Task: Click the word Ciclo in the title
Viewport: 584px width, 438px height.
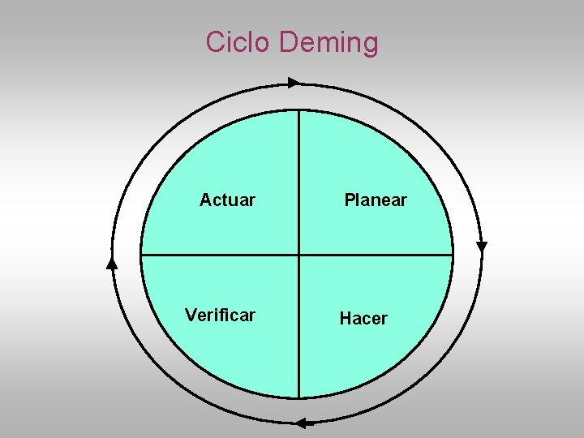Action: point(238,41)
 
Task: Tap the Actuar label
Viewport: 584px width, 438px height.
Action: point(227,200)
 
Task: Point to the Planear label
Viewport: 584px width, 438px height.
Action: point(376,200)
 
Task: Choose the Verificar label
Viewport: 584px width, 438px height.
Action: point(220,315)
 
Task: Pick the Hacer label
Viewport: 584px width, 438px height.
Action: point(363,319)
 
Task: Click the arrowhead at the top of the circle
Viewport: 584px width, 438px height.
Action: point(294,82)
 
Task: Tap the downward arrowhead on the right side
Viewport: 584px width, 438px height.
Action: point(482,246)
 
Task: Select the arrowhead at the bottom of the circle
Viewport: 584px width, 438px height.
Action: point(302,423)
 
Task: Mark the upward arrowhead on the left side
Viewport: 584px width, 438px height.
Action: point(112,262)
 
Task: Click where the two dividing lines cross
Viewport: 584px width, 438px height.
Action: point(299,255)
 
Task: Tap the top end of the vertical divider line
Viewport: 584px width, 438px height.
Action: point(299,111)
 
